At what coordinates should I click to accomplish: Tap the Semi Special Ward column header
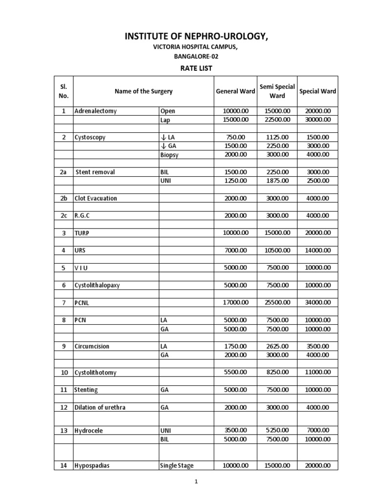point(277,91)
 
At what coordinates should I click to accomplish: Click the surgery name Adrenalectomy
point(96,111)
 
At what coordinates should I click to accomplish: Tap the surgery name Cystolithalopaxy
point(97,285)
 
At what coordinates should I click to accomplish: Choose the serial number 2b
point(63,198)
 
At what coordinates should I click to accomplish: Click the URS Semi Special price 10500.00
point(277,250)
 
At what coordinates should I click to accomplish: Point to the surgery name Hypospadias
point(92,466)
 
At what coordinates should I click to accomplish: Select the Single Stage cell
point(177,466)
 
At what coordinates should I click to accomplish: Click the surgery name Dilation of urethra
point(100,407)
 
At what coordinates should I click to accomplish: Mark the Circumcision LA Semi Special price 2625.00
point(277,346)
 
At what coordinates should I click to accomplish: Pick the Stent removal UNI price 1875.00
point(277,181)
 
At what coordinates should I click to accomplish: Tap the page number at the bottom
point(196,482)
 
